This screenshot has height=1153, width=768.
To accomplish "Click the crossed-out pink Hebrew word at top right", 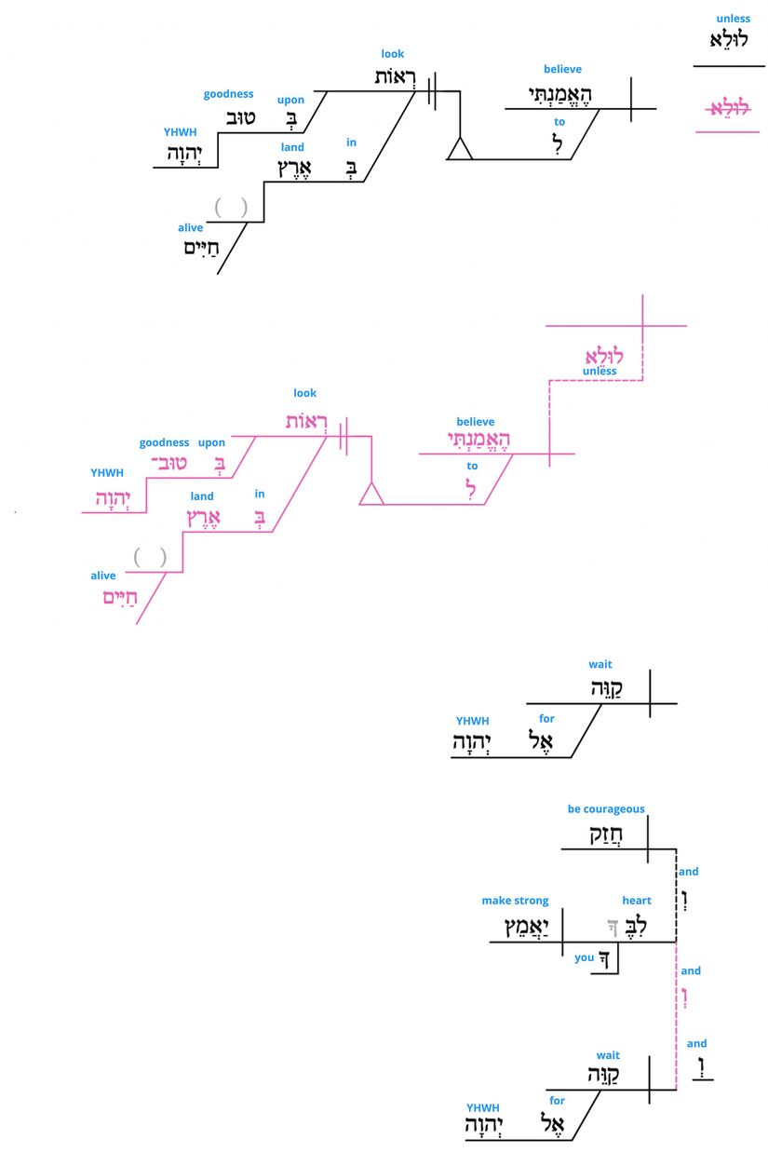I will [x=728, y=109].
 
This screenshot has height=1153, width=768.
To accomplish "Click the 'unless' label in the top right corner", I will [x=733, y=19].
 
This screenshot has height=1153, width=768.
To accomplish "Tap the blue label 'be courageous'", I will [x=606, y=809].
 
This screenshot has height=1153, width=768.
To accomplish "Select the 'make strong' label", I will [x=515, y=901].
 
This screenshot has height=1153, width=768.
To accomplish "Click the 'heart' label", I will [x=637, y=901].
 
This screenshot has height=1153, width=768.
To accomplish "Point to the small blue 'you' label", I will [x=585, y=957].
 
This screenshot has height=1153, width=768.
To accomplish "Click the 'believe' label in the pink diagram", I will [x=475, y=422].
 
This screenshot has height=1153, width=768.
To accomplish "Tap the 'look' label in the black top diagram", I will [x=393, y=54].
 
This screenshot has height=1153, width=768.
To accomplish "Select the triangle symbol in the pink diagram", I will [x=371, y=494].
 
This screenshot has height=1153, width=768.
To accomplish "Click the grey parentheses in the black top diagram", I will [x=231, y=207].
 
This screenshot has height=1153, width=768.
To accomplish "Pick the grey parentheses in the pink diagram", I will [x=150, y=557].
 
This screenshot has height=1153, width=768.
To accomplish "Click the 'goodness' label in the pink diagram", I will [x=164, y=442].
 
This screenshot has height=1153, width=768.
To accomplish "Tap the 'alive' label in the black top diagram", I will [x=191, y=228].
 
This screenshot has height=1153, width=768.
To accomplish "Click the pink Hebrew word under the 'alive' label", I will [x=121, y=598].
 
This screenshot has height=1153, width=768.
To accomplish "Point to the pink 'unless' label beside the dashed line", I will [x=600, y=371].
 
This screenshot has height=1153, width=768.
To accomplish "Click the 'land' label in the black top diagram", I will [x=291, y=147].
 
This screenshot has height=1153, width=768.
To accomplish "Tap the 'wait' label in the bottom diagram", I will [x=608, y=1055].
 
